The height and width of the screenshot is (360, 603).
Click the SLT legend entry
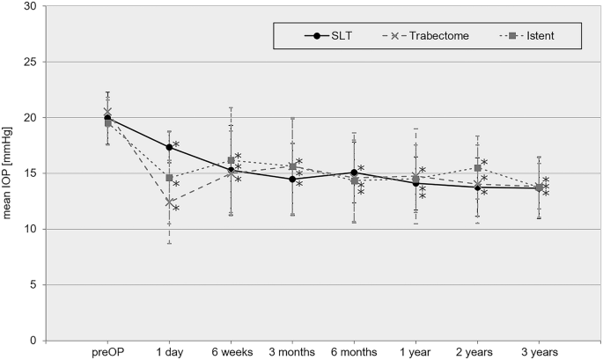pos(330,36)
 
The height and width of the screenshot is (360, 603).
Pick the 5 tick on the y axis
pos(33,285)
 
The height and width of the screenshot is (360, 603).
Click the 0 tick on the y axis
pos(33,341)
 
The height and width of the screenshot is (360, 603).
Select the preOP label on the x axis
pos(107,352)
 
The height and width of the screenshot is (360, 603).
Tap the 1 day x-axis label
pos(169,352)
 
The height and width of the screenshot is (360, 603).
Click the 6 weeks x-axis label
pos(231,352)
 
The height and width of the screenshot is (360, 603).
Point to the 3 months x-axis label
pos(292,352)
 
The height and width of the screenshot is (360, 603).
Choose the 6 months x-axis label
pos(354,352)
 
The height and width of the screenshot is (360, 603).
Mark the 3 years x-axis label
pos(539,352)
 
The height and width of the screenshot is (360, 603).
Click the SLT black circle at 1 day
pos(169,147)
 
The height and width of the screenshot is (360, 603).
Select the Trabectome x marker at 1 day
pos(169,202)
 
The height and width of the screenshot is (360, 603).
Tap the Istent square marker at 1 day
pos(169,178)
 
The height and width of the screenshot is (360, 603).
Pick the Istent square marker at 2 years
pos(477,168)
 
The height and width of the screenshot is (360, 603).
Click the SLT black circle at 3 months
pos(292,180)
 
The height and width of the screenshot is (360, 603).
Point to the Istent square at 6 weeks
pos(231,160)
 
